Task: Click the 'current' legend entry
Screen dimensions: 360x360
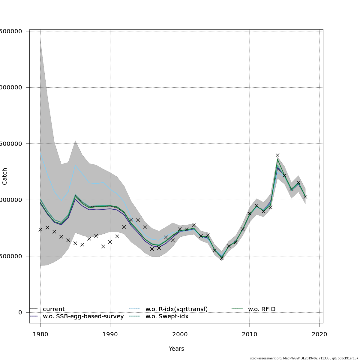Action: tap(53, 309)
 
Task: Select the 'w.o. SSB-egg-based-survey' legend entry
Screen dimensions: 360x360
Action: tap(83, 316)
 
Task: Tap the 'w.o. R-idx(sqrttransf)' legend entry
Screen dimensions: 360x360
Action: tap(176, 309)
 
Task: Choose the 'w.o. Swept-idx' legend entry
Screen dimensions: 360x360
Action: tap(167, 316)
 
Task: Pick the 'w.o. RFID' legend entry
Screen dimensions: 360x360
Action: tap(261, 309)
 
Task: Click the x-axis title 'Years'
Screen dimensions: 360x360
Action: tap(176, 349)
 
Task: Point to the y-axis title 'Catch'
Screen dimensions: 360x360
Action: tap(5, 176)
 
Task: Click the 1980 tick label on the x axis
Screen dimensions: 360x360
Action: tap(40, 334)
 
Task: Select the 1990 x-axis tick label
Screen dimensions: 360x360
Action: tap(110, 334)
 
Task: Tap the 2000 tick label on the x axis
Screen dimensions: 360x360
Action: tap(180, 334)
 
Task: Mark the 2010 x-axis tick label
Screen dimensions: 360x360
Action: tap(250, 334)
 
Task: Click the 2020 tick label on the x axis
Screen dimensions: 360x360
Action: tap(319, 334)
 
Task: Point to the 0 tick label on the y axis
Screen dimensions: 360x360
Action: tap(20, 313)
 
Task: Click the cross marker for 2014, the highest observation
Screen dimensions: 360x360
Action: tap(277, 155)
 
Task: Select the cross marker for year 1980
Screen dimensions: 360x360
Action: tap(40, 229)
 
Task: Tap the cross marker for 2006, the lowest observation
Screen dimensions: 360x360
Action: tap(222, 258)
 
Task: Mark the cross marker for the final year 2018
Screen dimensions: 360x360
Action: tap(305, 197)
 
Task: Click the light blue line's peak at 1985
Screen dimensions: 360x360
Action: tap(75, 165)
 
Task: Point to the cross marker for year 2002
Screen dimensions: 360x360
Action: tap(194, 225)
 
